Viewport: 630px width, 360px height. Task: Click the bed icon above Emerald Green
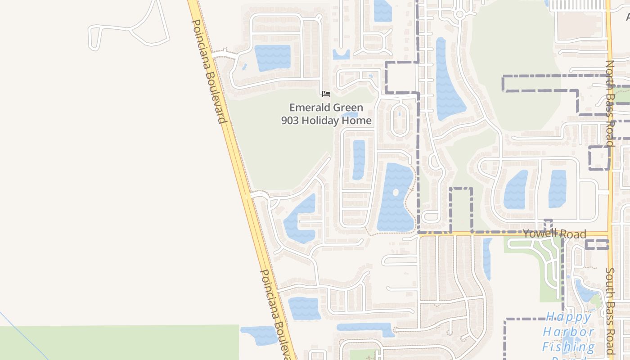[x=326, y=94]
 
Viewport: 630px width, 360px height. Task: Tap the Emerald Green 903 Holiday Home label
[x=326, y=114]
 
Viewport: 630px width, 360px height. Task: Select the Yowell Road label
[x=554, y=234]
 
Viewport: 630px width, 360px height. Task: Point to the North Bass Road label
[x=610, y=103]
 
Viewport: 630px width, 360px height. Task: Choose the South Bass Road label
[x=610, y=310]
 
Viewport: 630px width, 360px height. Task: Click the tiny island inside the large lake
[x=396, y=193]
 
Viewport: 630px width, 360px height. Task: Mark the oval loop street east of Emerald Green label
[x=399, y=120]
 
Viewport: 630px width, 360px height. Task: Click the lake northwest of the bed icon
[x=272, y=58]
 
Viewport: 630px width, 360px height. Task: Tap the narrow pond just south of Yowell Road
[x=487, y=259]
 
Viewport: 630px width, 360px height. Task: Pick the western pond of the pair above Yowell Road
[x=515, y=190]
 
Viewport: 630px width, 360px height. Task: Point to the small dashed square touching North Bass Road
[x=599, y=158]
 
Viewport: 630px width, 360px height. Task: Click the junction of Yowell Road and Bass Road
[x=610, y=234]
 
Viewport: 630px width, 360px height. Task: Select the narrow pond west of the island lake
[x=359, y=159]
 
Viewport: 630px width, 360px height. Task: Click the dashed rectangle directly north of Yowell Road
[x=461, y=210]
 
